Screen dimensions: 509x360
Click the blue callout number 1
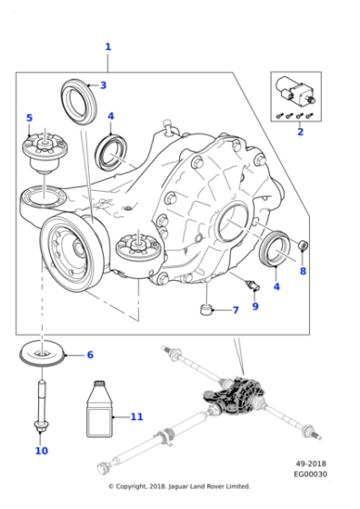point(107,46)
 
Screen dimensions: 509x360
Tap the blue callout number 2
point(299,131)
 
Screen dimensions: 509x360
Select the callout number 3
point(103,85)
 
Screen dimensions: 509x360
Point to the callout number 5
point(29,118)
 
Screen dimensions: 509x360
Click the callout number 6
point(89,354)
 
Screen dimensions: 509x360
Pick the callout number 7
point(235,310)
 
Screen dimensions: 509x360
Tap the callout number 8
point(303,271)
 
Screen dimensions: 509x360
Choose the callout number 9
point(255,305)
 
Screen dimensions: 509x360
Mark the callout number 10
point(41,450)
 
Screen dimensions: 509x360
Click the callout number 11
point(136,417)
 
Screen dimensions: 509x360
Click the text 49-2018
point(309,464)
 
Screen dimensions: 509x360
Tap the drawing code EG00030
point(310,474)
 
